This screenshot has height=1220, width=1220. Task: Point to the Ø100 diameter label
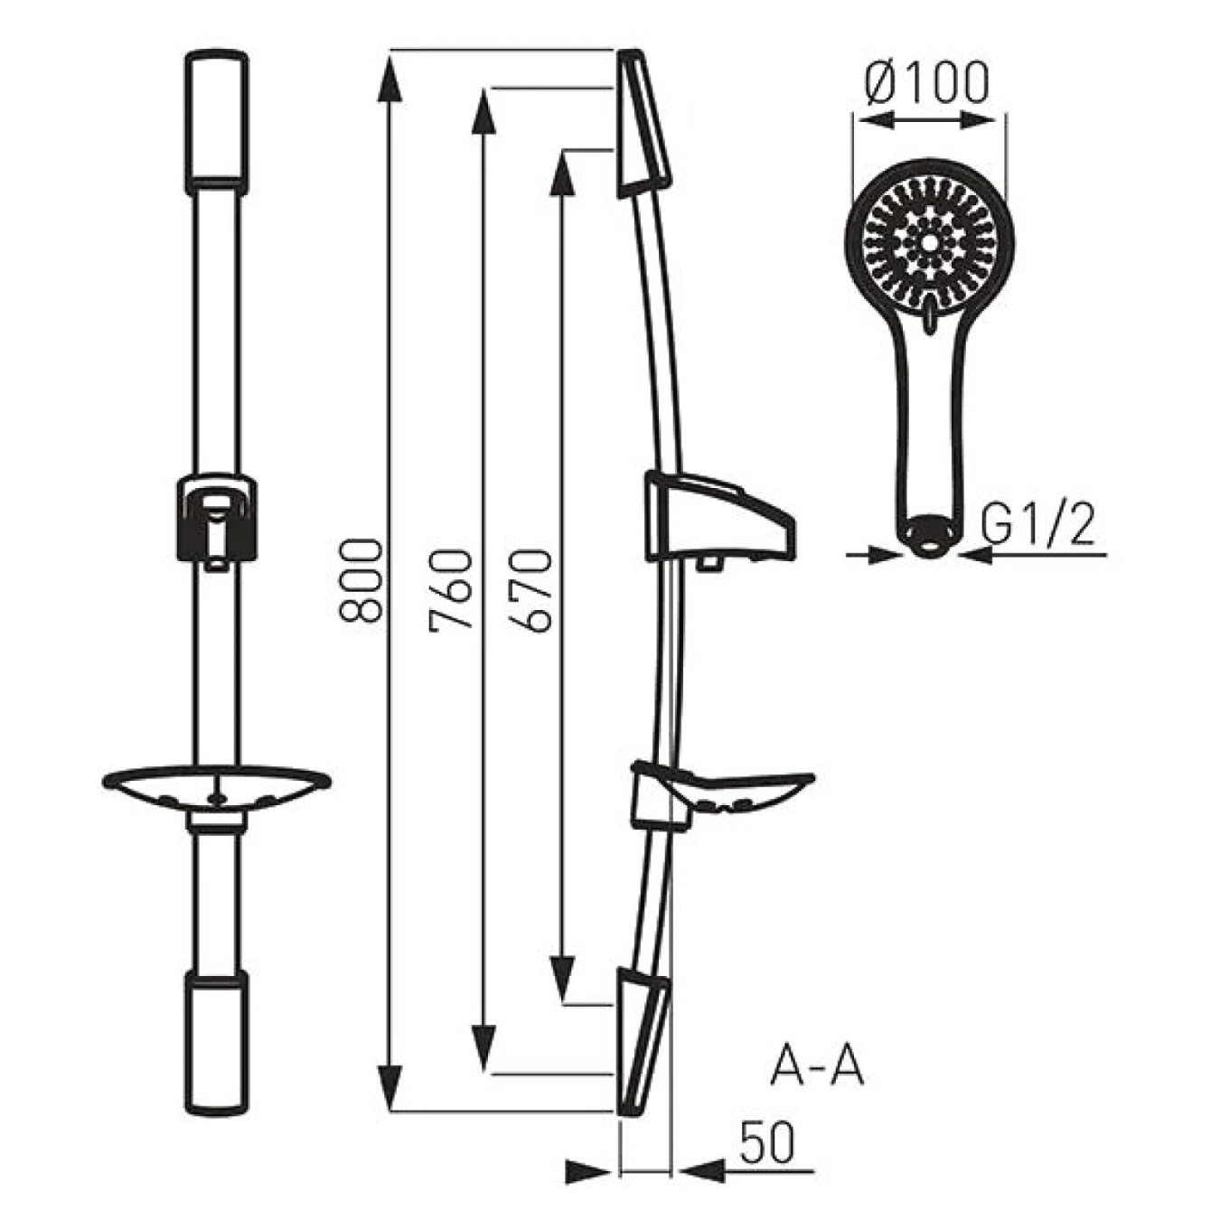point(926,83)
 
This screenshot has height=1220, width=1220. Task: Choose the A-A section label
point(817,1066)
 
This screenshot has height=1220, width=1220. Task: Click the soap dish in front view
point(216,789)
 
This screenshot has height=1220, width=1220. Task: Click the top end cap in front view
point(216,121)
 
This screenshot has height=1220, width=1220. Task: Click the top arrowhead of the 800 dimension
point(389,72)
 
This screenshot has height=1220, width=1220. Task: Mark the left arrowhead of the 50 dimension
point(592,1171)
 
